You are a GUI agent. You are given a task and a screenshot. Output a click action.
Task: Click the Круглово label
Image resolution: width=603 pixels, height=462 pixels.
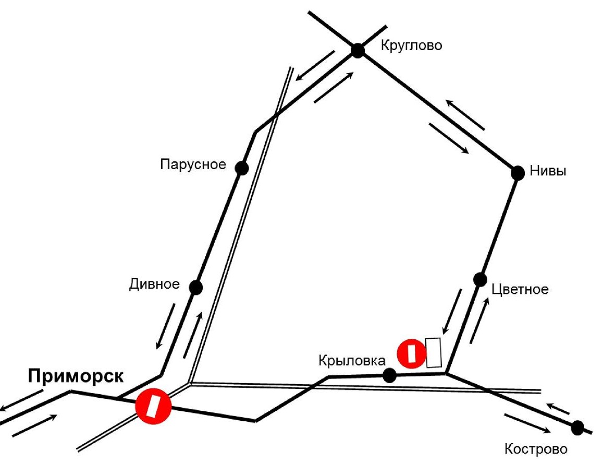(x=411, y=45)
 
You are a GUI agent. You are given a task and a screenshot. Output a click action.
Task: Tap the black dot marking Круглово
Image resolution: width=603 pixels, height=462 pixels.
(x=358, y=51)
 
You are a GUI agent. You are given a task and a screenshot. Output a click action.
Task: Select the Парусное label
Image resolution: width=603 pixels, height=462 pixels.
(x=193, y=164)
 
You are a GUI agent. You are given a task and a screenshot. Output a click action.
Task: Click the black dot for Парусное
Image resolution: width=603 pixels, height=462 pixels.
(x=241, y=168)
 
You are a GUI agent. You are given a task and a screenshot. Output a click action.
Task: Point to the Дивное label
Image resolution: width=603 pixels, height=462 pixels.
(x=155, y=284)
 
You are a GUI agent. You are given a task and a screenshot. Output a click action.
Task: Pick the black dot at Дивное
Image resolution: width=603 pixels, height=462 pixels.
(x=196, y=288)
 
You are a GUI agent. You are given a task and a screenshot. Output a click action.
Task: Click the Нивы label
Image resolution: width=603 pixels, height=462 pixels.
(x=548, y=171)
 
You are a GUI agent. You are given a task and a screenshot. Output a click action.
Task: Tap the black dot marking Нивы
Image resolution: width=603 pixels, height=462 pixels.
(x=518, y=173)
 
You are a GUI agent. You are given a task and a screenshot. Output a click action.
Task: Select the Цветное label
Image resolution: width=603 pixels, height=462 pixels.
(x=520, y=289)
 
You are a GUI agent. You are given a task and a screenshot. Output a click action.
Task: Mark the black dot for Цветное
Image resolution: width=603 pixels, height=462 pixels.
(x=480, y=279)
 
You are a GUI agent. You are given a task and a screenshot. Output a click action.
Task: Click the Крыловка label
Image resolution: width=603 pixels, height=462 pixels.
(x=352, y=361)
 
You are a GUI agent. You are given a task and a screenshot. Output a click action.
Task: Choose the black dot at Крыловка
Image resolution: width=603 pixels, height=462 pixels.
(x=389, y=375)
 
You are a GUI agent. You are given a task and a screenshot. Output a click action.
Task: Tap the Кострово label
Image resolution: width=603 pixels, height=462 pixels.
(x=536, y=449)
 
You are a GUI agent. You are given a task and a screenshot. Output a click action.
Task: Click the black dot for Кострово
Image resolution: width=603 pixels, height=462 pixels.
(x=577, y=428)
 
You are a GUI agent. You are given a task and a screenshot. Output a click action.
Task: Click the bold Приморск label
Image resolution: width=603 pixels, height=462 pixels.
(x=76, y=376)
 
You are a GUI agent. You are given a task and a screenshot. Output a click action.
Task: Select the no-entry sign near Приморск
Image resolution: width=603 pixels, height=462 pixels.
(x=153, y=406)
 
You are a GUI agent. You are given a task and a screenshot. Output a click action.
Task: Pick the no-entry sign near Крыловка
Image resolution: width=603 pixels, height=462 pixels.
(x=412, y=354)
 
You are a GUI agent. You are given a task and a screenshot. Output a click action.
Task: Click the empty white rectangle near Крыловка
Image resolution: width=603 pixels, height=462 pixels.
(x=434, y=352)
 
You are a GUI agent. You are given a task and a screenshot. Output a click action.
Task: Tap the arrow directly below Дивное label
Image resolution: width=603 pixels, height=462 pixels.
(x=165, y=326)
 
